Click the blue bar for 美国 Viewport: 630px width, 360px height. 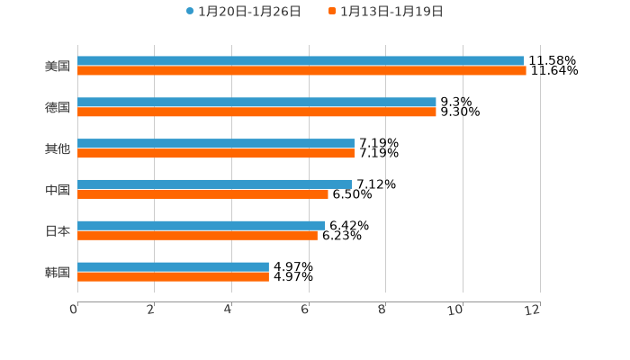click(x=301, y=61)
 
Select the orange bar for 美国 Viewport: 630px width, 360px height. click(x=301, y=71)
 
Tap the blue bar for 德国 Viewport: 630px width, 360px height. click(x=256, y=103)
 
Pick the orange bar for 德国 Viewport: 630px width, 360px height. click(x=256, y=112)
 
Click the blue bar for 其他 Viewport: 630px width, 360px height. click(x=216, y=144)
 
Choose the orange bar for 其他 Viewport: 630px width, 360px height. click(x=216, y=154)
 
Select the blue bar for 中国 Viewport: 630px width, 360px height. click(x=214, y=184)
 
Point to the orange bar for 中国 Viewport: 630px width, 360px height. click(x=202, y=194)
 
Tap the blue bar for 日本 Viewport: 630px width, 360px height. click(x=201, y=226)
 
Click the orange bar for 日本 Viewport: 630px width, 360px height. click(x=197, y=236)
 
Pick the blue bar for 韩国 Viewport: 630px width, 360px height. click(x=173, y=267)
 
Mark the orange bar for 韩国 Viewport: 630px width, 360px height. click(x=173, y=277)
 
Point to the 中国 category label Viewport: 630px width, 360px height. click(x=58, y=190)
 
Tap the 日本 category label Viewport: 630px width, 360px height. click(x=58, y=231)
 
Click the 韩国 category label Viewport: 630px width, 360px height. click(x=58, y=273)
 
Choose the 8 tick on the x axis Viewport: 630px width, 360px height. click(x=382, y=310)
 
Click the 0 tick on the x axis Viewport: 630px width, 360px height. click(x=74, y=310)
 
